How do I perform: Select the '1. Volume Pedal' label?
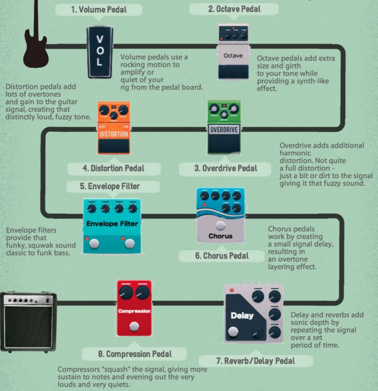[99, 9]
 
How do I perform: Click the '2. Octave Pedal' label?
[234, 9]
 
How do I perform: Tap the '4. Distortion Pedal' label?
[114, 168]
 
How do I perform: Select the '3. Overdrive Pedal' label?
[226, 168]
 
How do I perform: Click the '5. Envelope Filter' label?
[110, 186]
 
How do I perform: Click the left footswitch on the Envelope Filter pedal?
[95, 243]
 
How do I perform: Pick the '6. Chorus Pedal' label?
[222, 256]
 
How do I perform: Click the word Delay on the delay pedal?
[242, 315]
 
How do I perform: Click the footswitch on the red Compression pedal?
[134, 327]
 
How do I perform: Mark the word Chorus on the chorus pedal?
[220, 236]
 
